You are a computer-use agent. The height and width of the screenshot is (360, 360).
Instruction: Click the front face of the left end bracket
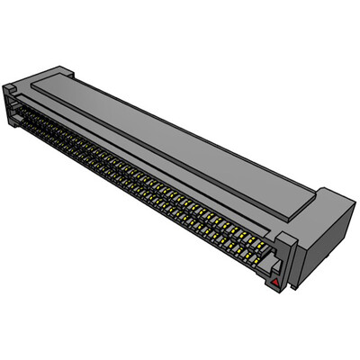[10, 103]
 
